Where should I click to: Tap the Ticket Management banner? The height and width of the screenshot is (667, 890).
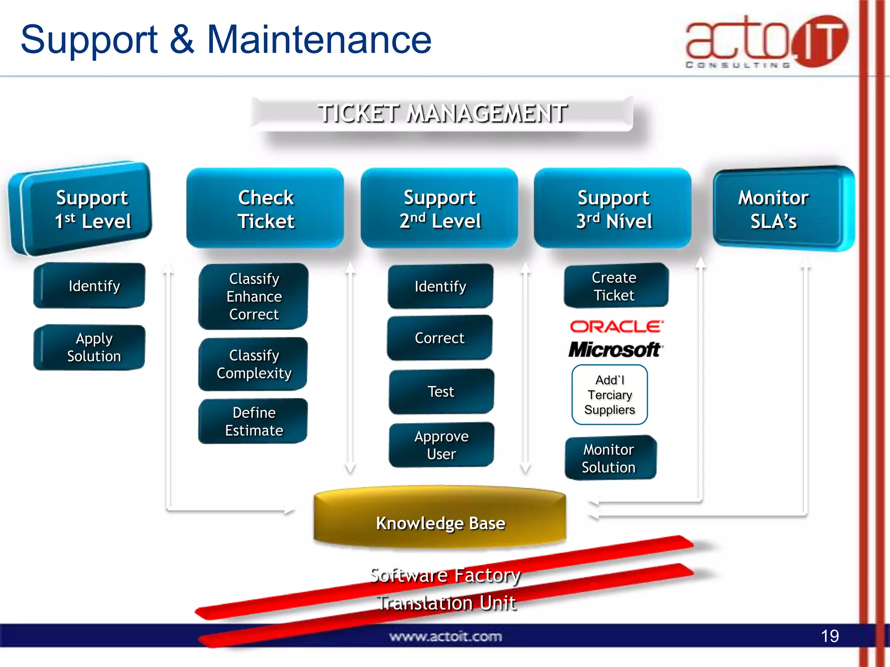[442, 114]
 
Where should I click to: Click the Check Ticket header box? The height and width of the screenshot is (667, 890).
[266, 209]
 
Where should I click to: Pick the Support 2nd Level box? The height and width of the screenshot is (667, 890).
[439, 209]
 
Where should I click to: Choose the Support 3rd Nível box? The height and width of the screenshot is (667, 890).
[613, 209]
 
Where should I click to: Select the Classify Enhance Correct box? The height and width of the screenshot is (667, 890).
[254, 296]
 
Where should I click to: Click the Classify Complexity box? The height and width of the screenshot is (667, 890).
[254, 364]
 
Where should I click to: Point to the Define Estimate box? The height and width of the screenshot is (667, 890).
[254, 421]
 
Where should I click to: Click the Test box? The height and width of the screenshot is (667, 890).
[441, 391]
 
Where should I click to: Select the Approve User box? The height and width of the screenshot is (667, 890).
[441, 445]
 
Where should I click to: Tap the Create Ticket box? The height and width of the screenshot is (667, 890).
[615, 286]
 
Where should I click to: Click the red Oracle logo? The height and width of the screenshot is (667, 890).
[617, 327]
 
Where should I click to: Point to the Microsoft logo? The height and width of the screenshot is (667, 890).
[615, 349]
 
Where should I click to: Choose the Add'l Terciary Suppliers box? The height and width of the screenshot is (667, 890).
[609, 395]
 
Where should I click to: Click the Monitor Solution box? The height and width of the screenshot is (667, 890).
[610, 458]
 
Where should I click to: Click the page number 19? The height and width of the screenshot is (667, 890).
[830, 636]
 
